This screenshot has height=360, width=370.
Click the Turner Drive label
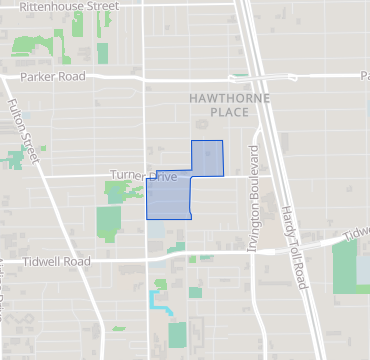pos(143,176)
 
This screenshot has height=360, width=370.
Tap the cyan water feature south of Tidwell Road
pos(157,299)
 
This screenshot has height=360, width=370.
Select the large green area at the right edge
pos(344,265)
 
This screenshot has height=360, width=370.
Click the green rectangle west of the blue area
pos(108,222)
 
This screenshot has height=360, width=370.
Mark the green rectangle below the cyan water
pos(177,334)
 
